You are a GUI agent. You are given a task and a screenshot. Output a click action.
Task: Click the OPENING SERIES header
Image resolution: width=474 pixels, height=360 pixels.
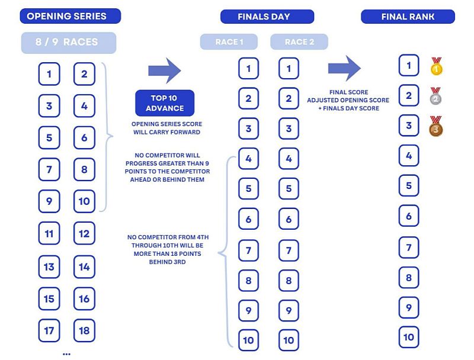[70, 16]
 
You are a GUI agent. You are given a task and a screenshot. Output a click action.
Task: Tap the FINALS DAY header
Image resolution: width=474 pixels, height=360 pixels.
[264, 17]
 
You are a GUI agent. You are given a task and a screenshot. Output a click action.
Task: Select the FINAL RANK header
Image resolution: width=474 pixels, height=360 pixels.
[408, 17]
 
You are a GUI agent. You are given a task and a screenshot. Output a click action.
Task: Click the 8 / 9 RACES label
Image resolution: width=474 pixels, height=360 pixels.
[69, 43]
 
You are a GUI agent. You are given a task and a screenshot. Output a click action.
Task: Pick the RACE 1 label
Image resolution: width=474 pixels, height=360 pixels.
[229, 41]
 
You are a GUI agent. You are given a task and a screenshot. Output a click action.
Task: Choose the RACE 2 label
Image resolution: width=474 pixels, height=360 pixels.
[299, 41]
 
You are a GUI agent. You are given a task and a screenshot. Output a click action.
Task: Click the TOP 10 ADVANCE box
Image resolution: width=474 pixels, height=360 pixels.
[165, 102]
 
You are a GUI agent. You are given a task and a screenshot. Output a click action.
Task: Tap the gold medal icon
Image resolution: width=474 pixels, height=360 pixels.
[437, 66]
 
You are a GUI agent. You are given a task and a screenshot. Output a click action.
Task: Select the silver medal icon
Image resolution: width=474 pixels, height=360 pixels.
[436, 97]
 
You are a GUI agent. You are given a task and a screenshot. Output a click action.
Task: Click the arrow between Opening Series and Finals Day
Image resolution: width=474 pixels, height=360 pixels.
[164, 70]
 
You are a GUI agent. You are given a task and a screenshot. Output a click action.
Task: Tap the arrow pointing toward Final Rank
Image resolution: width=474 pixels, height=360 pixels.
[344, 68]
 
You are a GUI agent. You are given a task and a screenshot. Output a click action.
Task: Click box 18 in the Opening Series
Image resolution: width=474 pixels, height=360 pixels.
[84, 330]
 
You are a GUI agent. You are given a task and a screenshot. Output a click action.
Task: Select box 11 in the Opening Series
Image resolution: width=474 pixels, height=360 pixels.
[49, 234]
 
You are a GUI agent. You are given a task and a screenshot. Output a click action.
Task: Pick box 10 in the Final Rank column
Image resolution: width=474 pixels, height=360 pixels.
[409, 337]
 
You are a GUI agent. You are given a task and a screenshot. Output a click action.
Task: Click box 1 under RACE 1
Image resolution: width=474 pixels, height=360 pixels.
[248, 68]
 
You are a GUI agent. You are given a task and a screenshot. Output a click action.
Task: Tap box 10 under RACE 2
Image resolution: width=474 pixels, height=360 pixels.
[289, 340]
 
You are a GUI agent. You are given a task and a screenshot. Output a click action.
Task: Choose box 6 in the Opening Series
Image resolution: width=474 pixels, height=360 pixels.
[84, 138]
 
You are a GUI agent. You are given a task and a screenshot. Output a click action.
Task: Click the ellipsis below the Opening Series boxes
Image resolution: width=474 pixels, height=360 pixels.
[66, 353]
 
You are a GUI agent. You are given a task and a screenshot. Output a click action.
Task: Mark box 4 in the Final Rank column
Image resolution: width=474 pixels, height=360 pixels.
[409, 156]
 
